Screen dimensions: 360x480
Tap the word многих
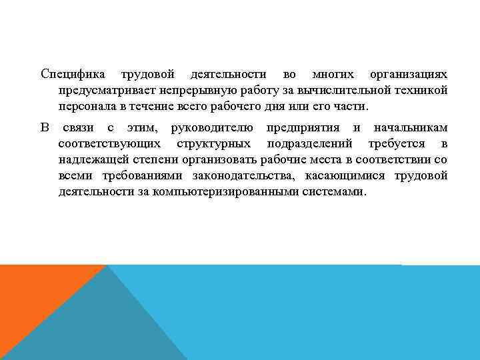[332, 73]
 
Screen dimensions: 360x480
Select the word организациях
[408, 73]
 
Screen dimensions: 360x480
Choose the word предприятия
[304, 127]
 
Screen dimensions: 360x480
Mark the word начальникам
[410, 127]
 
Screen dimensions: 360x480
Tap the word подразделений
[309, 143]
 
